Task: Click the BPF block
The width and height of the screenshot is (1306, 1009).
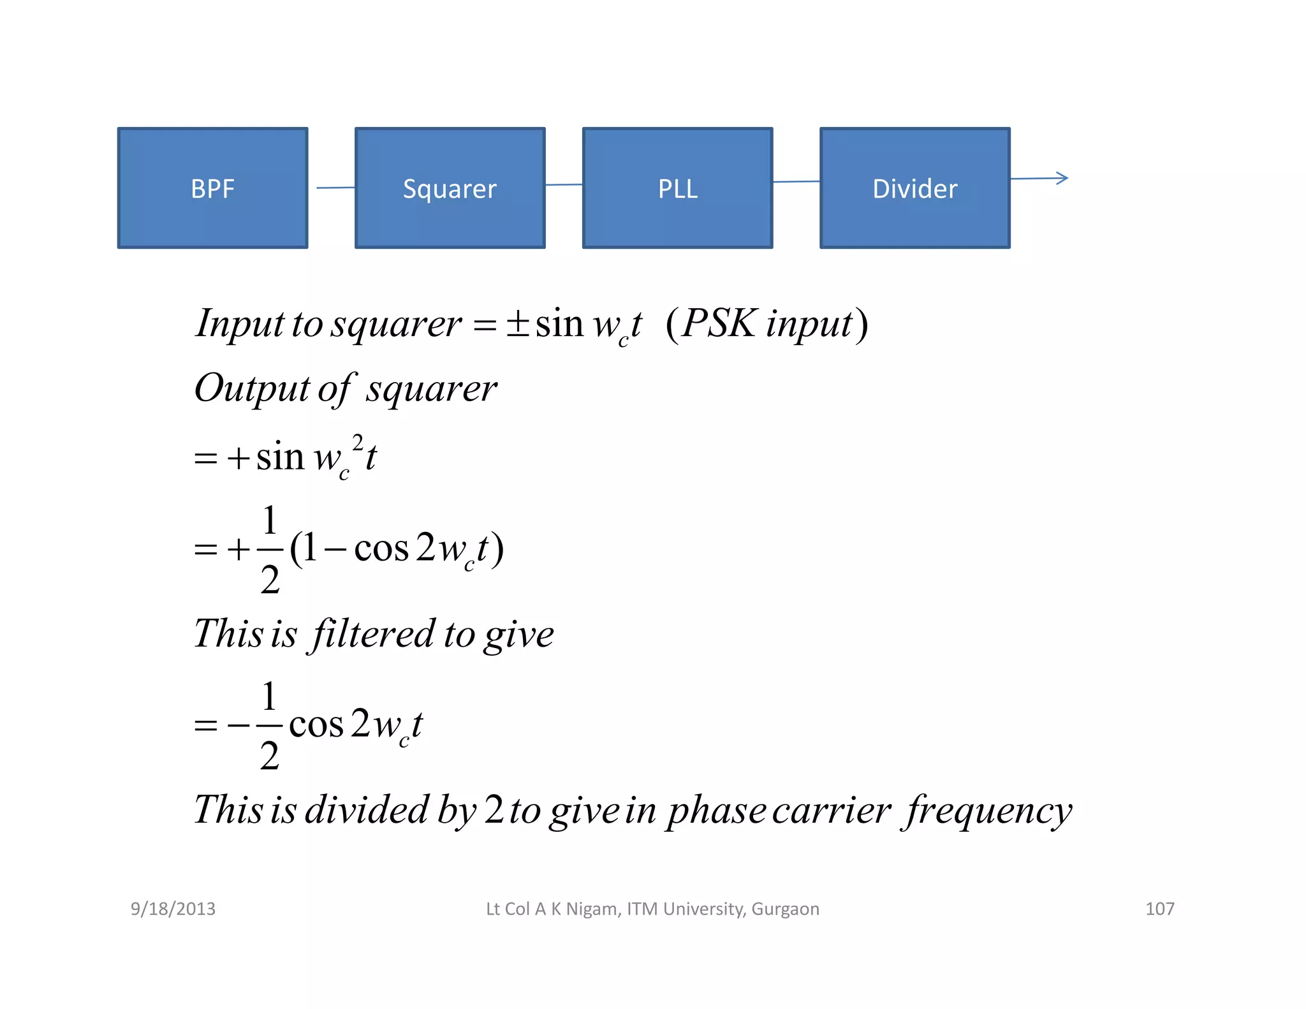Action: coord(212,188)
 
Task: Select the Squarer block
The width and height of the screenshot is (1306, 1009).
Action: coord(450,188)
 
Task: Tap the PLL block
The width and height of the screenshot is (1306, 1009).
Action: coord(677,188)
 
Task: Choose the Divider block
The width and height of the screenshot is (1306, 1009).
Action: coord(914,188)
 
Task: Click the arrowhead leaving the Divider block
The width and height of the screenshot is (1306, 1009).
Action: coord(1062,178)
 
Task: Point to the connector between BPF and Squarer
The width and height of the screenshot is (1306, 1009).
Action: coord(335,188)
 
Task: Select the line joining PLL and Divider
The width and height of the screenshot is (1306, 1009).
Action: coord(796,182)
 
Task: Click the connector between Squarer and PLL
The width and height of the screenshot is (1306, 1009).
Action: coord(564,185)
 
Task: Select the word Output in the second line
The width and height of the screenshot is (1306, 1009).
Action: coord(252,389)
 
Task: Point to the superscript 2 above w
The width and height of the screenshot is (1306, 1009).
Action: coord(358,441)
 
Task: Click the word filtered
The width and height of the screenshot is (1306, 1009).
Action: coord(372,635)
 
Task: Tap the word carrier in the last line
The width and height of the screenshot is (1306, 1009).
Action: coord(831,811)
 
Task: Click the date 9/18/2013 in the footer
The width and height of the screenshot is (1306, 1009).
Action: coord(173,909)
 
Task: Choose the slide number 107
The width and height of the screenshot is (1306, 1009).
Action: coord(1159,909)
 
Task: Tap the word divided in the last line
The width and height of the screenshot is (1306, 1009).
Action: coord(366,810)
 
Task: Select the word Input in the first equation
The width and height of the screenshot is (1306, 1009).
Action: coord(238,324)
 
